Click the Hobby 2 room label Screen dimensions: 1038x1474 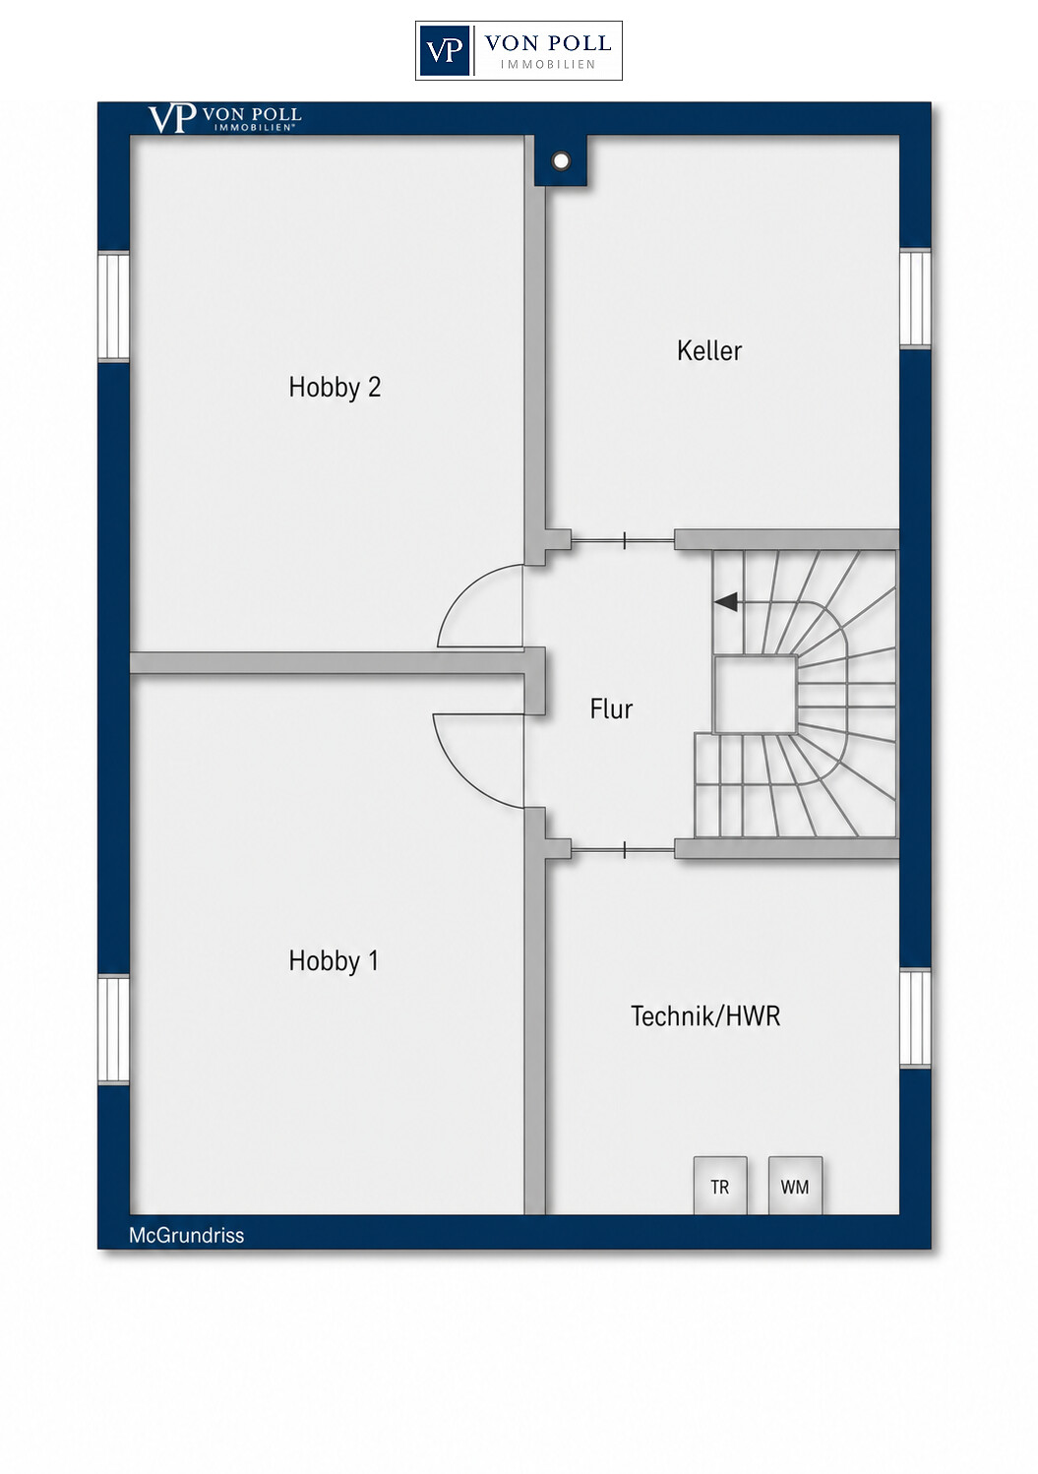pos(335,388)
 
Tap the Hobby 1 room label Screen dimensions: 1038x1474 pos(334,961)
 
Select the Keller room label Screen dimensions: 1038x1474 pos(709,350)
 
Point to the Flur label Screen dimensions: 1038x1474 pos(611,709)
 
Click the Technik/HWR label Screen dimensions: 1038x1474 pos(705,1016)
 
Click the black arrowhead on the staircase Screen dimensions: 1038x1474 pos(725,601)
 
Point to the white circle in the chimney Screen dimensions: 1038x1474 pos(561,160)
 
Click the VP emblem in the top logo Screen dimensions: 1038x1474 pos(444,50)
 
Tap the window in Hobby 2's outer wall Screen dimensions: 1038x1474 pos(114,306)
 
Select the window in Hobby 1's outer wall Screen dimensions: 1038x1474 pos(114,1029)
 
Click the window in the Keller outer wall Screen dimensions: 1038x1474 pos(916,299)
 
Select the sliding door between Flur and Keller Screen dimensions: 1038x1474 pos(622,541)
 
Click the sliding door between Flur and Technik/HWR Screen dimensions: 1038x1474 pos(622,851)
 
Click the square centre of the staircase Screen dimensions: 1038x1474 pos(756,695)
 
